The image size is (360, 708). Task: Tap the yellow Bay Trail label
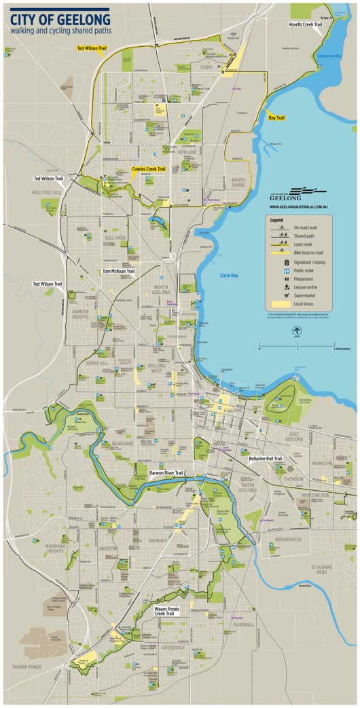[276, 117]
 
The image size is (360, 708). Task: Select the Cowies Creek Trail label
[149, 169]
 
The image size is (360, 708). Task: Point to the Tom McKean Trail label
[119, 271]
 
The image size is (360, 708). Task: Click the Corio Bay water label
[230, 276]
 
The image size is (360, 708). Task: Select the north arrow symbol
[296, 332]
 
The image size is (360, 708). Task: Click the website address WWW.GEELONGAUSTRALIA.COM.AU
[299, 207]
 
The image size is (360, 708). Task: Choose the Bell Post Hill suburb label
[47, 192]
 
